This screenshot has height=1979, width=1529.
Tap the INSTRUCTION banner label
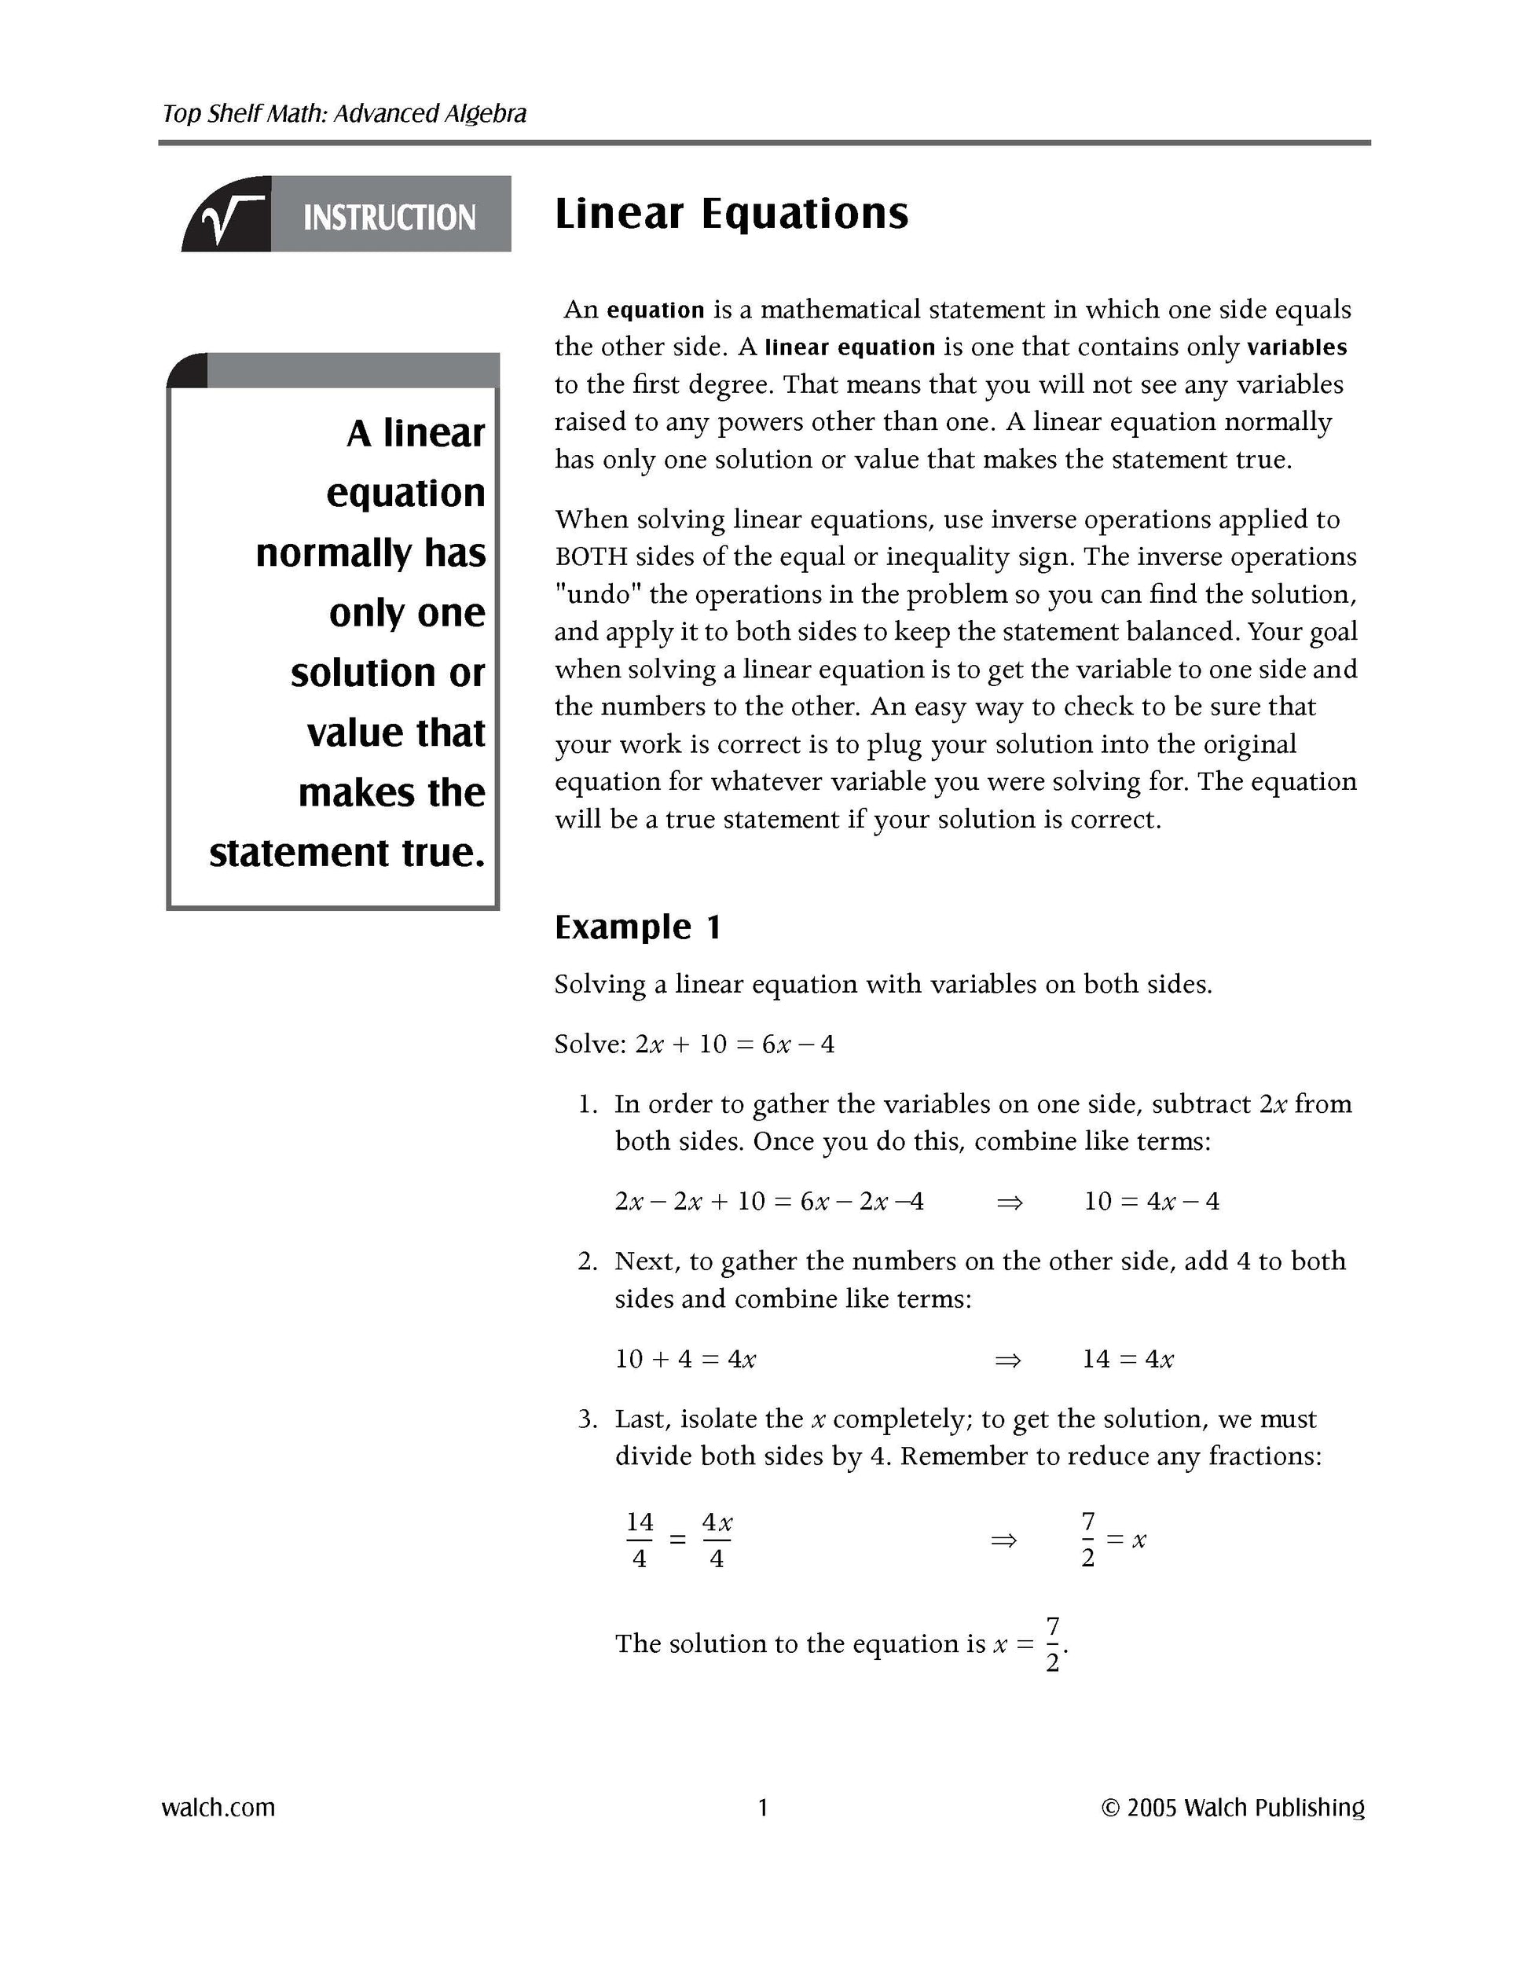(389, 218)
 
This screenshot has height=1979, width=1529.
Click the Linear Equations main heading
(730, 214)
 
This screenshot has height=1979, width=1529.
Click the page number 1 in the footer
(763, 1808)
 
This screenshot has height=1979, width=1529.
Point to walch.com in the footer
(218, 1808)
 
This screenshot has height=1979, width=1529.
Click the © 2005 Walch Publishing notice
(1233, 1808)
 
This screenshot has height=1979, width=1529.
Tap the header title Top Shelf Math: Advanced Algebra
(344, 113)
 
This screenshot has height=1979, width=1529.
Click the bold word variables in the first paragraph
(1296, 347)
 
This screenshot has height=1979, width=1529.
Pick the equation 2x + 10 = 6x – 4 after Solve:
(735, 1044)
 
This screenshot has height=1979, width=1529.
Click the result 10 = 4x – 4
(1151, 1202)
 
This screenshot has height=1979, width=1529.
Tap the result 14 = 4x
(1127, 1359)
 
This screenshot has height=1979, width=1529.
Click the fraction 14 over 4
(640, 1540)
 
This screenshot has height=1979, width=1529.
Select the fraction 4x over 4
(717, 1540)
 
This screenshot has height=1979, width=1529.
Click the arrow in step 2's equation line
(1008, 1359)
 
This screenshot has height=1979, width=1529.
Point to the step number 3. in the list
(588, 1419)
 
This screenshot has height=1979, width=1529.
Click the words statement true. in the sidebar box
(347, 853)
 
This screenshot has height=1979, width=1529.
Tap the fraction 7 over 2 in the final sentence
(1053, 1643)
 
